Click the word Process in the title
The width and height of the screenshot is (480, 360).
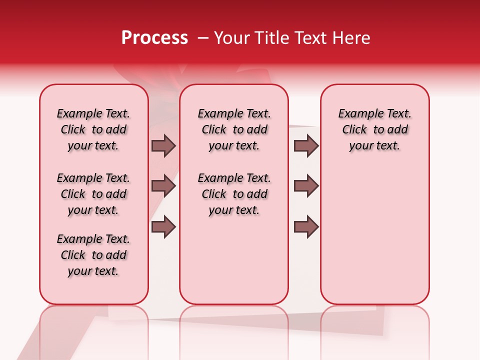click(x=154, y=38)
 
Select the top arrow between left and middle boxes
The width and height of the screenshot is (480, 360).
click(x=163, y=145)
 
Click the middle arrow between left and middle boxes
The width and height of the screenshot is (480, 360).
click(x=163, y=186)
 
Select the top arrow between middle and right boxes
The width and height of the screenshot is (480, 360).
click(x=306, y=145)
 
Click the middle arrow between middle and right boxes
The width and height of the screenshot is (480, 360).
click(x=306, y=186)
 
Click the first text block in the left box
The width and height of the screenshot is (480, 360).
click(x=93, y=129)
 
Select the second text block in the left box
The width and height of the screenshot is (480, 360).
click(x=93, y=194)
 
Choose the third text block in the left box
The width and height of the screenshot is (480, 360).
click(x=93, y=255)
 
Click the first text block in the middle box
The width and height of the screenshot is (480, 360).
click(x=234, y=129)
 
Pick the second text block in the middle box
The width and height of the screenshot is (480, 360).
click(x=234, y=194)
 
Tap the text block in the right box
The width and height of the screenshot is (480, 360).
click(x=374, y=129)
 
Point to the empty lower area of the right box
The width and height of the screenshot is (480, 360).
click(x=374, y=235)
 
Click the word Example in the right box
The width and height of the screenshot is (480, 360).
click(x=357, y=114)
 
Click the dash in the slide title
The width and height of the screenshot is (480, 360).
click(x=203, y=38)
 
